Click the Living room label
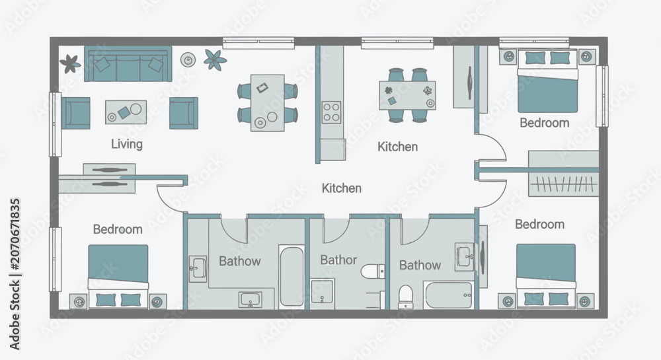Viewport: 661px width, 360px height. click(x=127, y=144)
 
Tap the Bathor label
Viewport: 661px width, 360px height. click(x=338, y=260)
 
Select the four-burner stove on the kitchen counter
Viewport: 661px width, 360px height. click(x=331, y=112)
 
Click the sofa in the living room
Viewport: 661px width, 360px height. click(x=128, y=63)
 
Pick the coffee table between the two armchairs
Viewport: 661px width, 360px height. click(x=126, y=112)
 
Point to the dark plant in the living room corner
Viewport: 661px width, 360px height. click(x=70, y=63)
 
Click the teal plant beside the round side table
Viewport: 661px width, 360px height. click(x=215, y=59)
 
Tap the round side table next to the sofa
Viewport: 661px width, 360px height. click(x=188, y=60)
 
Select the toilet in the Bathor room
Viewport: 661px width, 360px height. click(x=373, y=271)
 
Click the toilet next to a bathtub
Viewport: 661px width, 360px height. click(x=406, y=297)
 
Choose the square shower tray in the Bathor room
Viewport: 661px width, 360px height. click(x=323, y=291)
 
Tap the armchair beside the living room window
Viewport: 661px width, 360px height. click(x=76, y=113)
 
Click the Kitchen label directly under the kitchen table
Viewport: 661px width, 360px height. click(x=397, y=147)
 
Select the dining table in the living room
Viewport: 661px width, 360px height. click(x=267, y=103)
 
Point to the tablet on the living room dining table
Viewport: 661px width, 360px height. click(x=262, y=88)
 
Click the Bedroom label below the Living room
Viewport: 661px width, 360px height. click(x=118, y=229)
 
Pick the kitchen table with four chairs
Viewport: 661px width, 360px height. click(x=407, y=96)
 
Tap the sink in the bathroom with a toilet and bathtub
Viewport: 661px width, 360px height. click(x=464, y=256)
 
